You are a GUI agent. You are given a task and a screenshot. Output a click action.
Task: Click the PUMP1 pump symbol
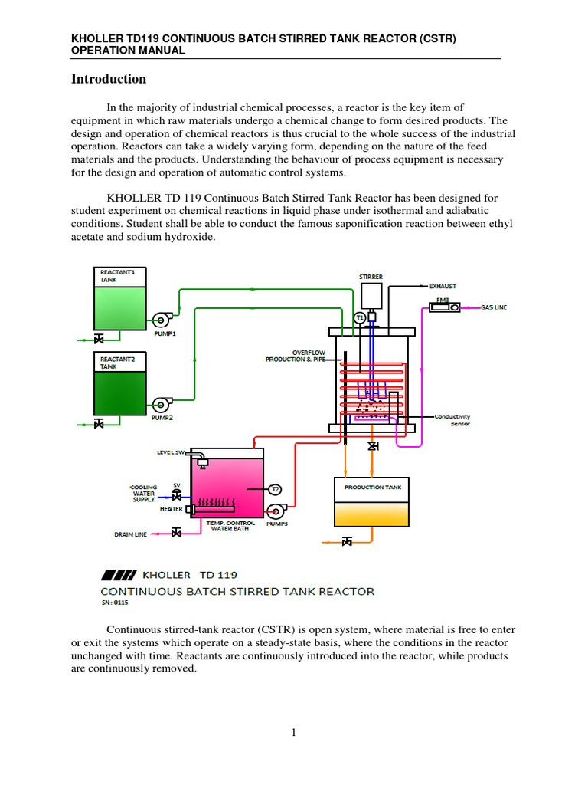(x=162, y=319)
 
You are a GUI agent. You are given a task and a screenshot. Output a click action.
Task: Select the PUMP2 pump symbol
(x=162, y=404)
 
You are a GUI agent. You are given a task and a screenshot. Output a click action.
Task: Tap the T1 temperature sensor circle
(x=359, y=317)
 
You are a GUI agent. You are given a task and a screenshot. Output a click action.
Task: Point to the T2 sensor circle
(x=276, y=489)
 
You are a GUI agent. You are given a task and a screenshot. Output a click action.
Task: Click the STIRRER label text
(x=371, y=276)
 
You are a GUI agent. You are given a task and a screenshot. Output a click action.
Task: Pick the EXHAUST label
(x=443, y=286)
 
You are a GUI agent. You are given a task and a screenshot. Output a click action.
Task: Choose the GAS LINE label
(x=494, y=307)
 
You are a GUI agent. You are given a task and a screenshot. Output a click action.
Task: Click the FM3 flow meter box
(x=444, y=307)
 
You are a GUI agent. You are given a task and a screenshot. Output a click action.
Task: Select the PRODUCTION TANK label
(x=372, y=487)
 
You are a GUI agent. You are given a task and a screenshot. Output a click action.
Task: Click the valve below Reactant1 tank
(x=98, y=339)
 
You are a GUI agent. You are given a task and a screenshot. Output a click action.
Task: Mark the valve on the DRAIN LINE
(x=176, y=533)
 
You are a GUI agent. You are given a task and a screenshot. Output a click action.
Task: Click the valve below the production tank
(x=347, y=541)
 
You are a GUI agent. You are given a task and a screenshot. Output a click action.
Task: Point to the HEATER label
(x=171, y=509)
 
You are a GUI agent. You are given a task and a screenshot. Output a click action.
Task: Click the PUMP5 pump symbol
(x=276, y=511)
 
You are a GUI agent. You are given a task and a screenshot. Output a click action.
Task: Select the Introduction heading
(x=108, y=79)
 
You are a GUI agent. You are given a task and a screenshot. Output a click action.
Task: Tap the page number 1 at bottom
(x=293, y=733)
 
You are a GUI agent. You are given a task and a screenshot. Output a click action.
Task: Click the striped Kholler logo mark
(x=119, y=574)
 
